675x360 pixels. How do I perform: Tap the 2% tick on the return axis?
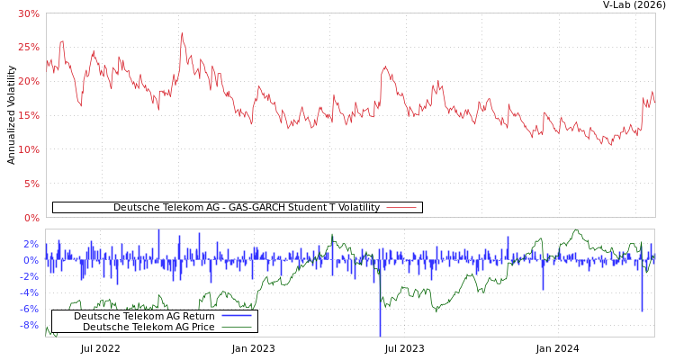pos(31,244)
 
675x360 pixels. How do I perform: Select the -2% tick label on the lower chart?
pos(30,276)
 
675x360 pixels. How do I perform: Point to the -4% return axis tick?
pos(30,292)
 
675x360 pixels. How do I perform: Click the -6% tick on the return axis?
pos(30,309)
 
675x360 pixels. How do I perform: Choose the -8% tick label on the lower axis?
pos(30,325)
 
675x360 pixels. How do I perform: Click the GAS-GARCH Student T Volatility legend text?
pos(246,207)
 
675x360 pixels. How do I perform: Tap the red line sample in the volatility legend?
pos(401,207)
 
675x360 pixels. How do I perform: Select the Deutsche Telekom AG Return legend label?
pos(144,316)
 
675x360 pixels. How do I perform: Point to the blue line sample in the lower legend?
pos(236,316)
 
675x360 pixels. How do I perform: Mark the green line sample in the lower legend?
pos(236,327)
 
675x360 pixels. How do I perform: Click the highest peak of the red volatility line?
pos(182,34)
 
